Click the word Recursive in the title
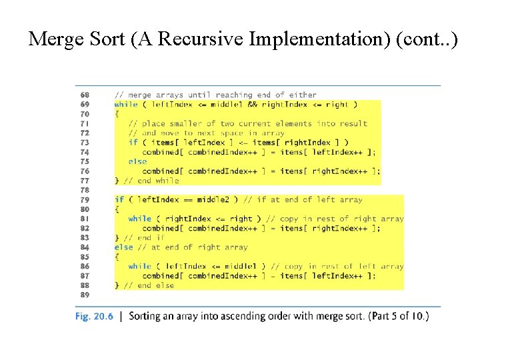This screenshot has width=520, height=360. [203, 39]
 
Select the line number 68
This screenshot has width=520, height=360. [85, 95]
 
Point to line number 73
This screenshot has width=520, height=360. [85, 142]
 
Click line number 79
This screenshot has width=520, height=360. [85, 199]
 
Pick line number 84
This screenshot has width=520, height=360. [85, 247]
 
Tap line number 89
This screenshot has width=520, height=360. [85, 294]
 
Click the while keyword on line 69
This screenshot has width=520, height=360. [126, 104]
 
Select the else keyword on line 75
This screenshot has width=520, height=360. [137, 161]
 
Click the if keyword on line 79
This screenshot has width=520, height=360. [119, 199]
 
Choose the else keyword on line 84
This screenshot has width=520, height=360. [123, 247]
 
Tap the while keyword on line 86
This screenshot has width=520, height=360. [140, 266]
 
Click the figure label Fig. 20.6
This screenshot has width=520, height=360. [94, 316]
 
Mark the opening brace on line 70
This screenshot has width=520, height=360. [117, 114]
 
